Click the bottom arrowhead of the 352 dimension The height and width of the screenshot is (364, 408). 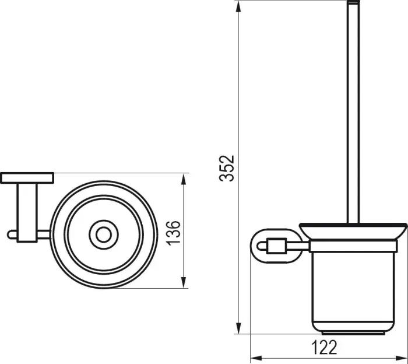[239, 330]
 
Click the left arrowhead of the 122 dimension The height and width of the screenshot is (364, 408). [255, 357]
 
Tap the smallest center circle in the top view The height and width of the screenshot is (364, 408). [104, 235]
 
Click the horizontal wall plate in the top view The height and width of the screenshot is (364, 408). [27, 177]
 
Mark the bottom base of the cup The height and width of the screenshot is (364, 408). [353, 333]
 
